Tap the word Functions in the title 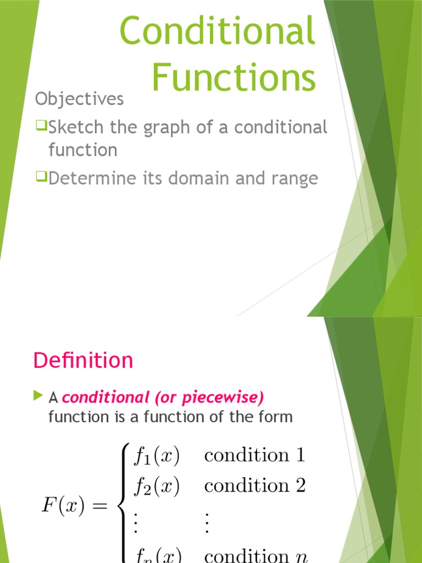click(234, 78)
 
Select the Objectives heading click(80, 99)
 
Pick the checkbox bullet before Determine click(42, 178)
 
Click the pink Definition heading click(83, 361)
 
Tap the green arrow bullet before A click(37, 395)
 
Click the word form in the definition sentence click(276, 417)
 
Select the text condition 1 click(254, 455)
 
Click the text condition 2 click(254, 486)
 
